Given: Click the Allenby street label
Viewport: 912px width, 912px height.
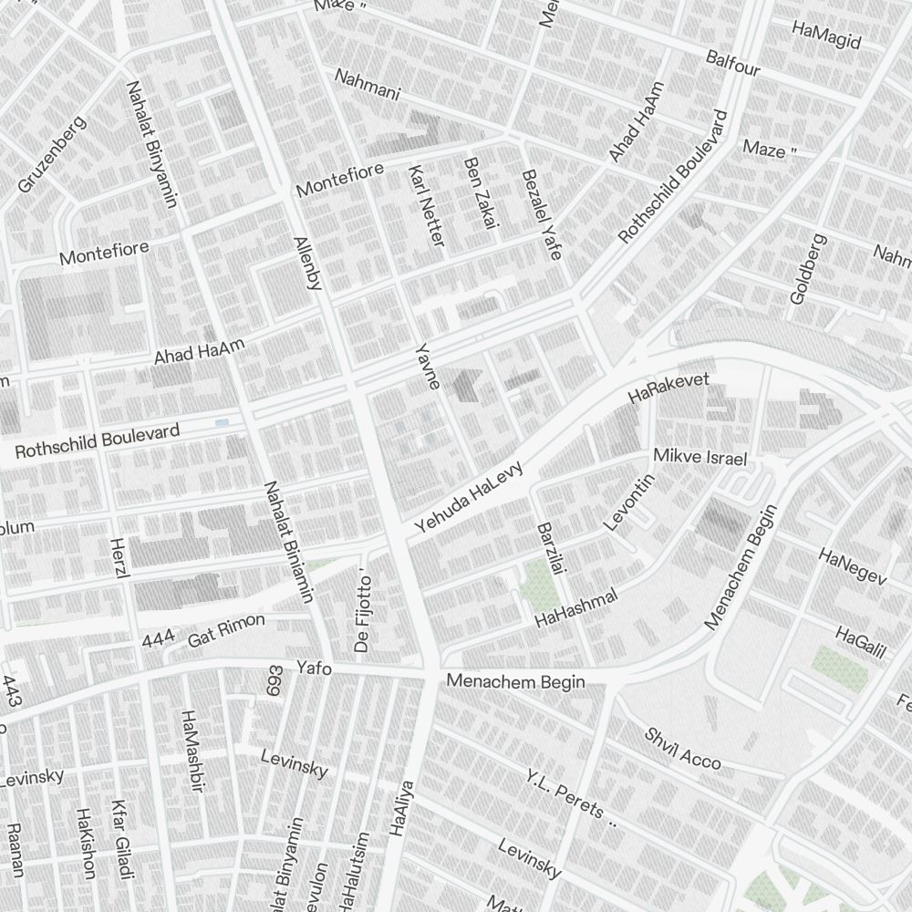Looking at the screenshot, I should [x=307, y=264].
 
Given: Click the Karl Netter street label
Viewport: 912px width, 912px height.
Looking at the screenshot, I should [x=427, y=206].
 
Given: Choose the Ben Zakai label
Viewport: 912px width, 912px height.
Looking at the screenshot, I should [x=478, y=192].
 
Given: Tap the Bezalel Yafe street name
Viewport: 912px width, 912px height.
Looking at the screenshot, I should [x=540, y=214].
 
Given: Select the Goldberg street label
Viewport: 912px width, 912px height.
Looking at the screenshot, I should [x=806, y=269].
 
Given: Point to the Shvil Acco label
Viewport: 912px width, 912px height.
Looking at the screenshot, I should [x=683, y=749].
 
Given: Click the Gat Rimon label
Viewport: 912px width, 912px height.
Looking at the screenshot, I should [x=226, y=630].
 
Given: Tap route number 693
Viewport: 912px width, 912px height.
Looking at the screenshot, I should [x=275, y=681].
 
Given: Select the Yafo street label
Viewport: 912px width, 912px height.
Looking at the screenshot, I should [x=314, y=668].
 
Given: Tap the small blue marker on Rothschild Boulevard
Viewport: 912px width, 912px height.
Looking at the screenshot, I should [x=222, y=422].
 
